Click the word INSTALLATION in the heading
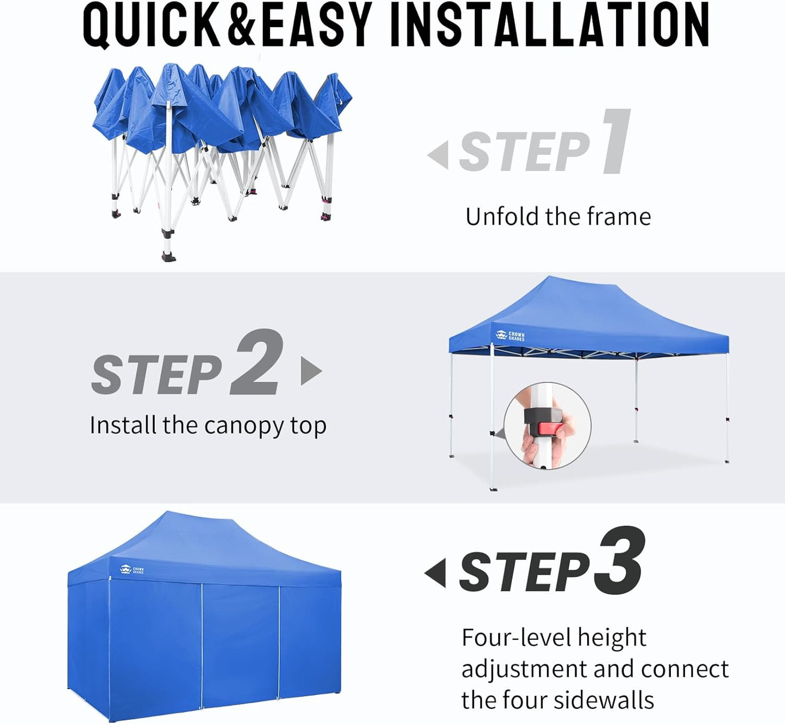549,26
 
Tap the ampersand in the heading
241,26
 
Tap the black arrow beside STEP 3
436,573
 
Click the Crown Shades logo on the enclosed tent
131,570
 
